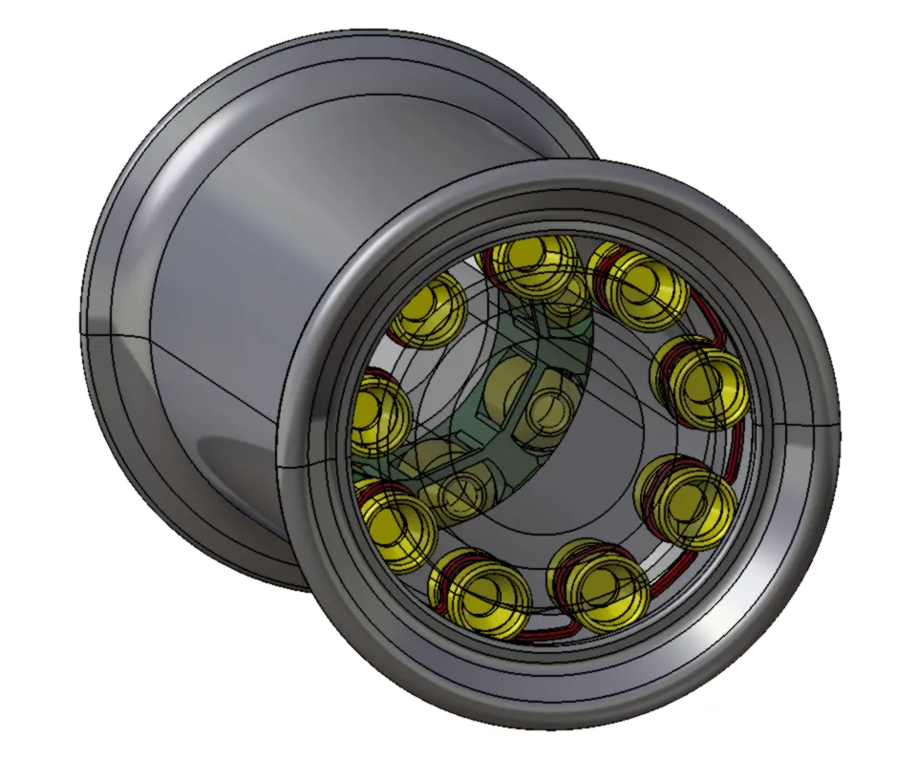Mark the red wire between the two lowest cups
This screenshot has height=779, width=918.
pos(540,631)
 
